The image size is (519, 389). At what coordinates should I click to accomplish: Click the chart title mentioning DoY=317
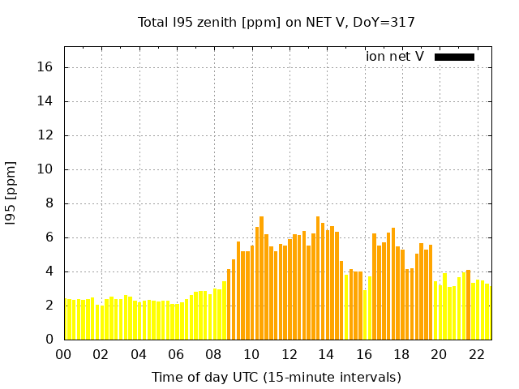tap(276, 22)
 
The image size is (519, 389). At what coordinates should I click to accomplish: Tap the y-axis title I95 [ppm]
tap(11, 192)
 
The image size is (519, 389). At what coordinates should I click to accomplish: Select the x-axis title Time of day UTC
tap(276, 377)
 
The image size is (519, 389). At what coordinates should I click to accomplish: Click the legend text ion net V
tap(395, 57)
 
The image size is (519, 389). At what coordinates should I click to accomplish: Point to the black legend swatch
tap(454, 57)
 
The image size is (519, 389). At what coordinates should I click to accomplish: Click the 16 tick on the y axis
tap(46, 67)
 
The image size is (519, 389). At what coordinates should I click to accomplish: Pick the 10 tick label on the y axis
tap(46, 169)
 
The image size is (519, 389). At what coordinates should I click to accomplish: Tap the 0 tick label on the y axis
tap(49, 340)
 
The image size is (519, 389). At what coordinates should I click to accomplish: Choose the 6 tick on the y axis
tap(49, 237)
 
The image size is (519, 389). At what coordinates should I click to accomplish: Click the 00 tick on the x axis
tap(63, 354)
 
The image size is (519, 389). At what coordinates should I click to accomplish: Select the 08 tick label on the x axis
tap(214, 354)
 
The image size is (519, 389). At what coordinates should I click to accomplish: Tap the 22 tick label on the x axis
tap(477, 354)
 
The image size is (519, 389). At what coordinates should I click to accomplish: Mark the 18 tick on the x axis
tap(401, 354)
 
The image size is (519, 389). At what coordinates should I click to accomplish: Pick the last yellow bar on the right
tap(487, 312)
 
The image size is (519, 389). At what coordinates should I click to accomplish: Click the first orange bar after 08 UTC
tap(229, 304)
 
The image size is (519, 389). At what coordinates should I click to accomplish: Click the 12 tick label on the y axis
tap(46, 135)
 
